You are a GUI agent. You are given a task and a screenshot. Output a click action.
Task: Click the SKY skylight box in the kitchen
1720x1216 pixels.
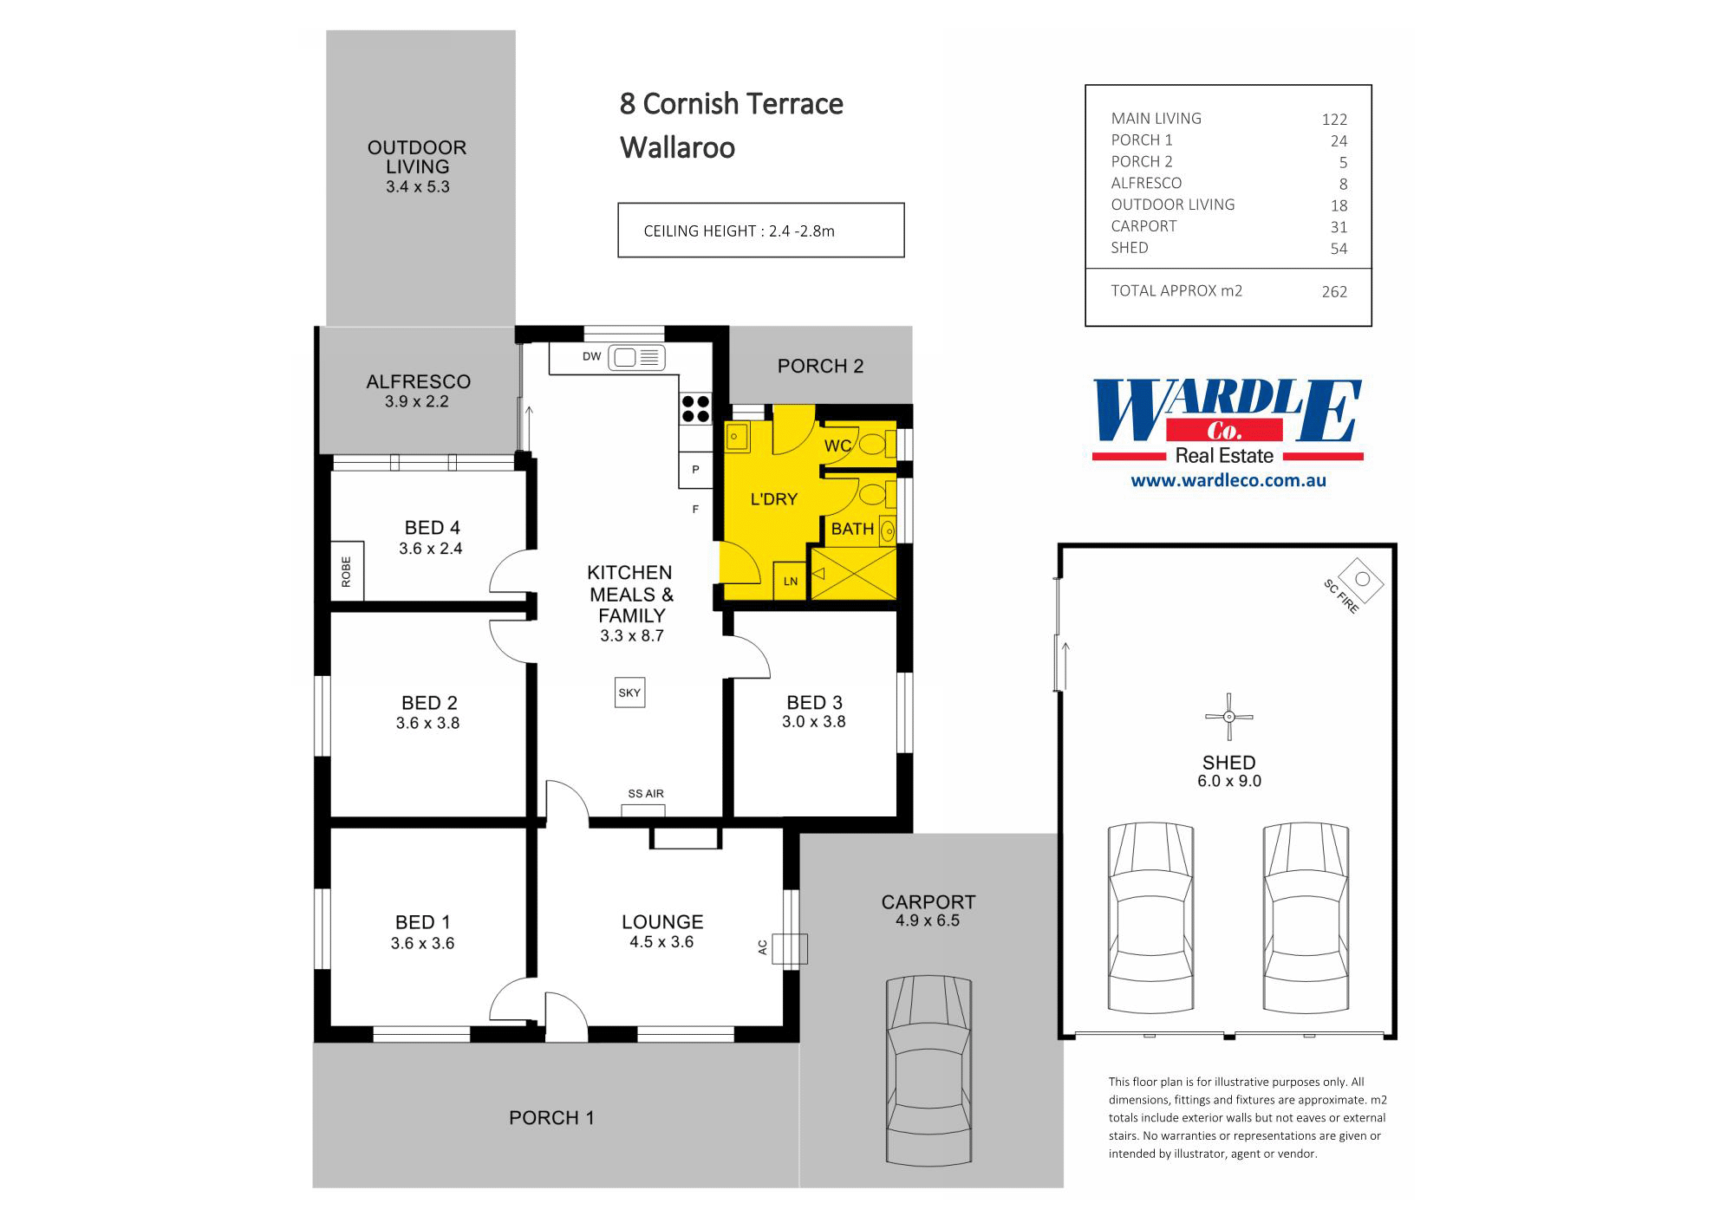pyautogui.click(x=629, y=693)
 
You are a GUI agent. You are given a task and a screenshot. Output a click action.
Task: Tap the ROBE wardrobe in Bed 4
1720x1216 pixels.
pyautogui.click(x=347, y=572)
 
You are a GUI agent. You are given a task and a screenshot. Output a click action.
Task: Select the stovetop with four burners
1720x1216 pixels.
pyautogui.click(x=695, y=408)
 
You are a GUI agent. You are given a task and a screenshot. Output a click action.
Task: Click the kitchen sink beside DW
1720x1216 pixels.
pyautogui.click(x=636, y=357)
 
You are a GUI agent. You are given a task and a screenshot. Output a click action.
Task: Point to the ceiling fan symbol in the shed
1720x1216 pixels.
pyautogui.click(x=1228, y=717)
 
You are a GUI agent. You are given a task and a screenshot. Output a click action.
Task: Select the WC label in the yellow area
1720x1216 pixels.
pyautogui.click(x=837, y=446)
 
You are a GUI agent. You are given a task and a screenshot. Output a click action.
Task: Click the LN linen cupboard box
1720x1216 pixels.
pyautogui.click(x=791, y=581)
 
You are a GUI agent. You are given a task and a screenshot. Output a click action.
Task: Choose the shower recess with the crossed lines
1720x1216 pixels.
pyautogui.click(x=853, y=573)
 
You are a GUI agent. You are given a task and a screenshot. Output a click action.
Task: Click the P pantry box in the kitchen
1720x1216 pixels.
pyautogui.click(x=695, y=470)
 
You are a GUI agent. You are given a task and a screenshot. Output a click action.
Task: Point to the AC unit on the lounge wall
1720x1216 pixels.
pyautogui.click(x=789, y=948)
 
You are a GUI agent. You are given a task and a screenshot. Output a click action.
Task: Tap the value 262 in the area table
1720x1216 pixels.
pyautogui.click(x=1334, y=292)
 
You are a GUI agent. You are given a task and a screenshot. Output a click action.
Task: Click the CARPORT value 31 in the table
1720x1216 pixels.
pyautogui.click(x=1339, y=227)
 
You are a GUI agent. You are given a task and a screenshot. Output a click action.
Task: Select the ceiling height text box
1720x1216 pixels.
pyautogui.click(x=760, y=231)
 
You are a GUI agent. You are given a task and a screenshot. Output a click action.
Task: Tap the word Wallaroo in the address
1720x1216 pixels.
pyautogui.click(x=677, y=147)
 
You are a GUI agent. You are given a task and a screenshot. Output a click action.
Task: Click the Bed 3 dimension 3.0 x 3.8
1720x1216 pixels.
pyautogui.click(x=813, y=722)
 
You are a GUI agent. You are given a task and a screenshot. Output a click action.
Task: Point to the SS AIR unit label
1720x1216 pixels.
pyautogui.click(x=646, y=794)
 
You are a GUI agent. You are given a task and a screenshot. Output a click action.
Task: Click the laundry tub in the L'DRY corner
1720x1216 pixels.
pyautogui.click(x=737, y=437)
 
